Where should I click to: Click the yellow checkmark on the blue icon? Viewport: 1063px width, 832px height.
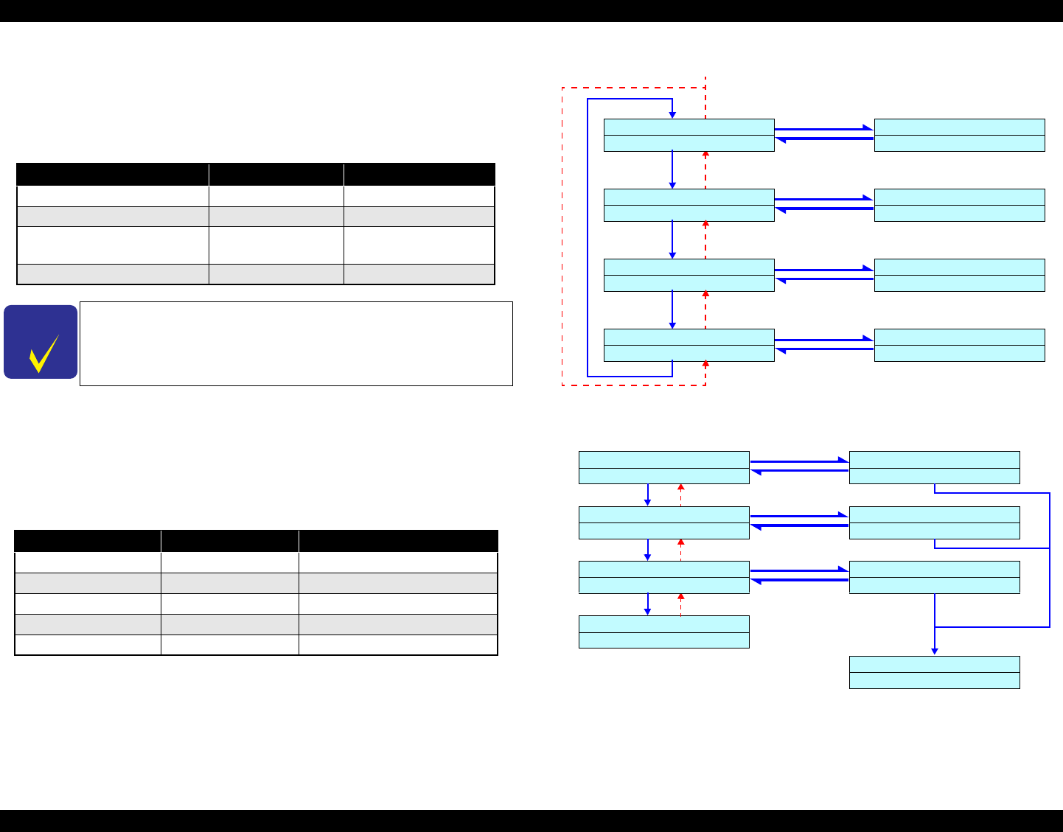pyautogui.click(x=43, y=353)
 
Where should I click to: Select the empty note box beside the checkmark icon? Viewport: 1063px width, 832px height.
pyautogui.click(x=296, y=343)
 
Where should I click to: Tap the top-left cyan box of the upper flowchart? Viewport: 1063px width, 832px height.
pyautogui.click(x=689, y=135)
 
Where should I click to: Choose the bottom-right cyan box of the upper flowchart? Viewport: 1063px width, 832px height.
pyautogui.click(x=959, y=345)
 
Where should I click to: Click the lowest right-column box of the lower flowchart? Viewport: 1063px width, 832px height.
pyautogui.click(x=934, y=672)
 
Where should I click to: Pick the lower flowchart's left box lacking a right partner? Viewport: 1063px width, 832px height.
pyautogui.click(x=663, y=632)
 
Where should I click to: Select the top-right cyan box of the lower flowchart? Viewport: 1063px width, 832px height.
pyautogui.click(x=934, y=467)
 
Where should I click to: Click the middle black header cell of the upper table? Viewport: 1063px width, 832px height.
pyautogui.click(x=276, y=175)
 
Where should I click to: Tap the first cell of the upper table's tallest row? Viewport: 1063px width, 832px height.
pyautogui.click(x=113, y=245)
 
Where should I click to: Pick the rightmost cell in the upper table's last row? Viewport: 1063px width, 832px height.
pyautogui.click(x=419, y=274)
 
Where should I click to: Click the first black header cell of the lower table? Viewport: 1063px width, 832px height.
pyautogui.click(x=88, y=540)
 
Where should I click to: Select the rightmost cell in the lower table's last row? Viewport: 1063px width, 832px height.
pyautogui.click(x=398, y=645)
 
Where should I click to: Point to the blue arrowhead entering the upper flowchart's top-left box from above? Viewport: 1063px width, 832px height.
pyautogui.click(x=672, y=114)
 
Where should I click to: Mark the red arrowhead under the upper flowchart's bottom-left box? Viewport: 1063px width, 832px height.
pyautogui.click(x=705, y=364)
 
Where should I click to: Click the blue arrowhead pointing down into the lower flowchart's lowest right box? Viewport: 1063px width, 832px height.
pyautogui.click(x=934, y=651)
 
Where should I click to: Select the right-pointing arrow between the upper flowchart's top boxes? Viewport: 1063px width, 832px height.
pyautogui.click(x=823, y=129)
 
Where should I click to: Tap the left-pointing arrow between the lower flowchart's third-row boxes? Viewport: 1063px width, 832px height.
pyautogui.click(x=799, y=581)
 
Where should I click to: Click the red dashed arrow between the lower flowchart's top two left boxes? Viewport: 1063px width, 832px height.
pyautogui.click(x=680, y=494)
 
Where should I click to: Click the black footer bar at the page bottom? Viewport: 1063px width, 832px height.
pyautogui.click(x=531, y=821)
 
